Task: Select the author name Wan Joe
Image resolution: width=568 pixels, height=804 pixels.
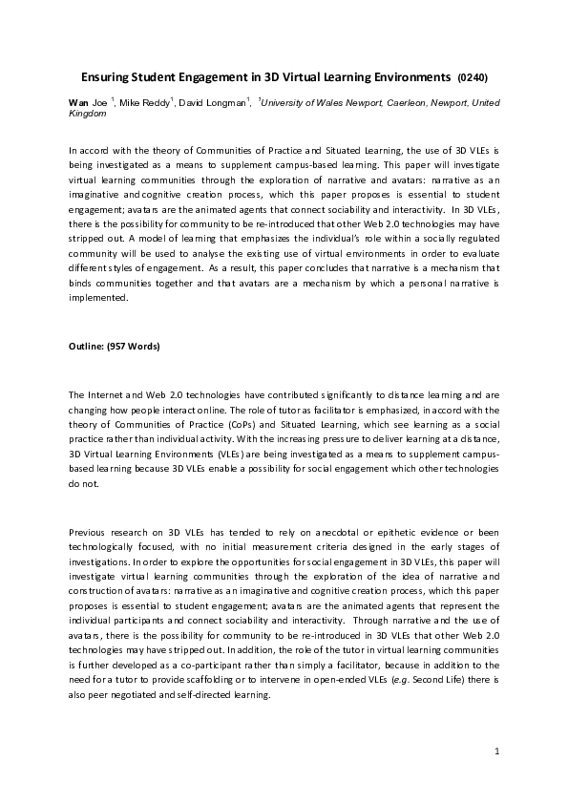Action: pos(89,102)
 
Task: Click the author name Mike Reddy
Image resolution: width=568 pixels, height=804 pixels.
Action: pos(144,102)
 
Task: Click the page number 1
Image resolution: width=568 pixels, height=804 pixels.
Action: pos(497,752)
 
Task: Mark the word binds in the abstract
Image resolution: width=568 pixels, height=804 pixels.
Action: pos(82,283)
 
